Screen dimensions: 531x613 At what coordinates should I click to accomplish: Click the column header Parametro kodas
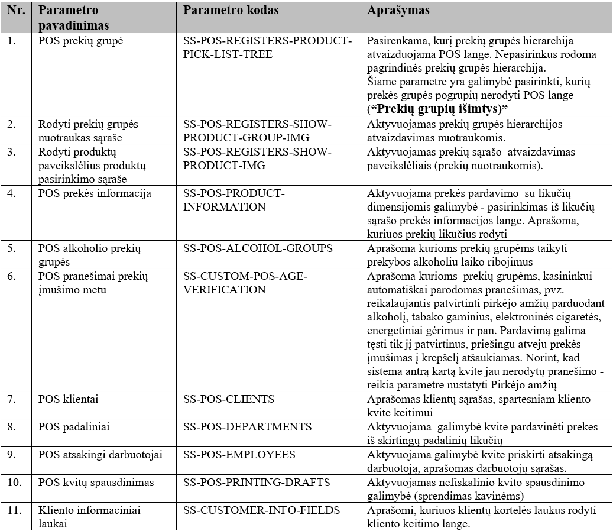pos(231,11)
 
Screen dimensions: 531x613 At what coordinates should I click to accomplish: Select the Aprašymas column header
pos(398,11)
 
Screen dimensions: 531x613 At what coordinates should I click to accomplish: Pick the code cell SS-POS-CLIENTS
pos(229,399)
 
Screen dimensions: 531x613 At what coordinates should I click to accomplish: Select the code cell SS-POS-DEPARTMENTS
pos(248,426)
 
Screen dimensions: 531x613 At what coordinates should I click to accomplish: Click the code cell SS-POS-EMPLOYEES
pos(239,454)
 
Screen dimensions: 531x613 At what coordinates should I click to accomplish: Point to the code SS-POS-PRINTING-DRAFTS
pos(257,482)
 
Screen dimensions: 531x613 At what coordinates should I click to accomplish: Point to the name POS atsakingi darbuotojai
pos(100,454)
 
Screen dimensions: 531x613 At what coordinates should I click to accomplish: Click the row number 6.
pos(12,276)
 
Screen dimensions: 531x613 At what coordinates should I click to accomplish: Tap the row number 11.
pos(14,510)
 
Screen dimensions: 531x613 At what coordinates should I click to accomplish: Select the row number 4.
pos(12,193)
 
